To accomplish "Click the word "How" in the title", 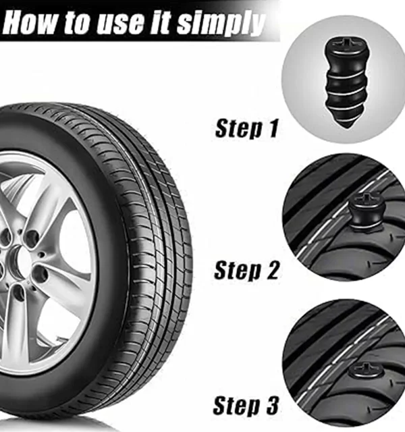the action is pos(30,22).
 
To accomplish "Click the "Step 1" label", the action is pos(246,128).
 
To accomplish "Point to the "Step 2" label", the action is pos(246,270).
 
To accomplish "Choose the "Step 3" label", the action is pos(246,405).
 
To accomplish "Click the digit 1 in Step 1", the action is pos(273,128).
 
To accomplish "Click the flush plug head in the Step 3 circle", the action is pos(366,371).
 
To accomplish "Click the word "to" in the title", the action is pos(78,23).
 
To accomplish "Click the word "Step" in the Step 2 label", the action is pos(237,270).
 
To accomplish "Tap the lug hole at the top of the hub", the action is pos(32,238).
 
